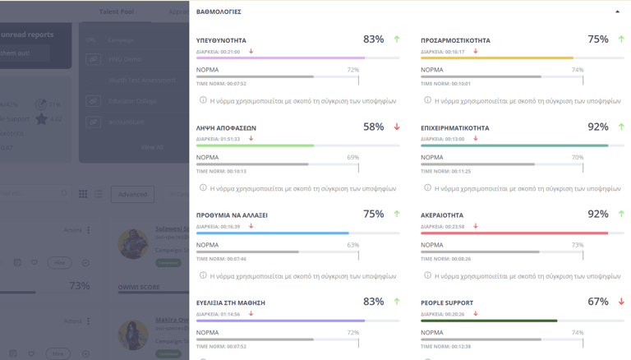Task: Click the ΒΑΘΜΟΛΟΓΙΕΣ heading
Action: click(x=219, y=12)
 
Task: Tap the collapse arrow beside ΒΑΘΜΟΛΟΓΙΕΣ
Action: click(x=618, y=12)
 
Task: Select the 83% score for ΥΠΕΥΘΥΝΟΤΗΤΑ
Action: click(x=373, y=39)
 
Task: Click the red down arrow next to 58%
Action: click(x=397, y=127)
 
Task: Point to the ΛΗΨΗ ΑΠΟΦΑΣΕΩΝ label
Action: click(x=226, y=128)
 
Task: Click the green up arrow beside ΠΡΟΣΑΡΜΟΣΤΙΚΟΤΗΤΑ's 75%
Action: click(x=621, y=39)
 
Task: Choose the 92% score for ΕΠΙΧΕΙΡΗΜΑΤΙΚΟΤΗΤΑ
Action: click(x=598, y=127)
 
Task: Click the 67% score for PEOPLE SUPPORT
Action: click(x=598, y=302)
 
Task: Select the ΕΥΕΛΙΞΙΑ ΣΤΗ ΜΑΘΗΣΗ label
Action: click(x=230, y=303)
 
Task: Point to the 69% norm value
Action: click(x=352, y=157)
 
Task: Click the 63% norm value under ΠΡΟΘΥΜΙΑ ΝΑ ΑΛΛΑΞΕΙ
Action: click(x=352, y=245)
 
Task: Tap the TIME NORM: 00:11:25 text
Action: click(x=445, y=171)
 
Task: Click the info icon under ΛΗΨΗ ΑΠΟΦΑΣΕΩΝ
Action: click(x=203, y=188)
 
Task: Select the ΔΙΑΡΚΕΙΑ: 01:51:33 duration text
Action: click(x=218, y=139)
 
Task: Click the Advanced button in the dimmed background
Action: click(x=132, y=194)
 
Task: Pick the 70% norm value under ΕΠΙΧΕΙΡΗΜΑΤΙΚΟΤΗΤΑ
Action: click(x=577, y=157)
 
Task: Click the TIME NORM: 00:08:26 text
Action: click(x=445, y=259)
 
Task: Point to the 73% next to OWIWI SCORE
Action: click(x=79, y=286)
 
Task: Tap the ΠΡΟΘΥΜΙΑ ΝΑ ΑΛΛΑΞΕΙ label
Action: click(x=232, y=215)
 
